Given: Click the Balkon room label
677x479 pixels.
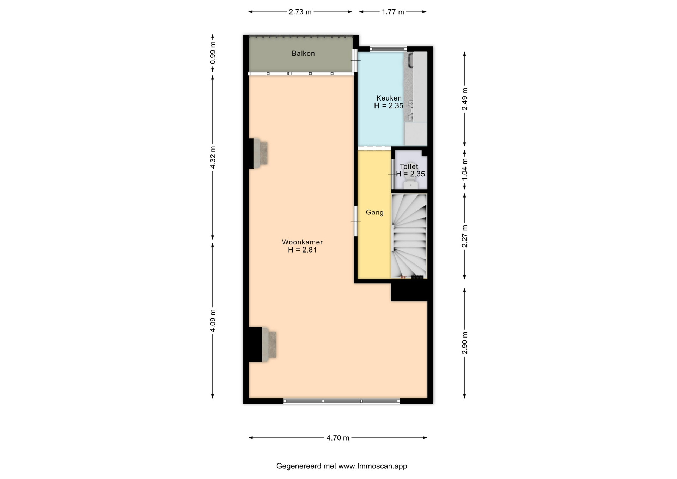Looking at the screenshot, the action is click(x=303, y=54).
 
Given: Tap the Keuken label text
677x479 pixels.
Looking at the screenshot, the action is click(x=389, y=98).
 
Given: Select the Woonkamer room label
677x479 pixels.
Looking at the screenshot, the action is click(x=302, y=242).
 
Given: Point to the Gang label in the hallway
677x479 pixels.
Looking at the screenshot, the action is click(x=374, y=212).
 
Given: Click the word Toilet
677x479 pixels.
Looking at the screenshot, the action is click(x=409, y=166).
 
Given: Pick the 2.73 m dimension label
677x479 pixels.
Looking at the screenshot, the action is click(x=300, y=12).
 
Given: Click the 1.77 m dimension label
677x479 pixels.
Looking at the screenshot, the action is click(x=393, y=12).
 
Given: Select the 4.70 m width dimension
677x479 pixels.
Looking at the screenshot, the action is click(x=338, y=438).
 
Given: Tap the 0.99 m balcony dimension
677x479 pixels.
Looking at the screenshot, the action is click(x=213, y=53).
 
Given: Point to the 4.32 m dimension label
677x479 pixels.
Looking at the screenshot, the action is click(x=213, y=157).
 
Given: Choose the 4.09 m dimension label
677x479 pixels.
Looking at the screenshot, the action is click(x=213, y=320).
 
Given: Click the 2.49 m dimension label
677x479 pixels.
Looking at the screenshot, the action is click(x=465, y=99).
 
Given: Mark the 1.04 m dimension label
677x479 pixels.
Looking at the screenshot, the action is click(x=465, y=169).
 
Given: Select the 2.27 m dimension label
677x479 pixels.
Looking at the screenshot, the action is click(x=465, y=236).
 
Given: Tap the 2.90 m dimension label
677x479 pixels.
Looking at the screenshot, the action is click(x=465, y=343).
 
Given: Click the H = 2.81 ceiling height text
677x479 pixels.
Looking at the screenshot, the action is click(x=302, y=250).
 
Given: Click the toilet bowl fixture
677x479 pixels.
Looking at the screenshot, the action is click(x=411, y=184).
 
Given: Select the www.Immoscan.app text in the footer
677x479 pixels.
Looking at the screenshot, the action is click(x=373, y=466).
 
